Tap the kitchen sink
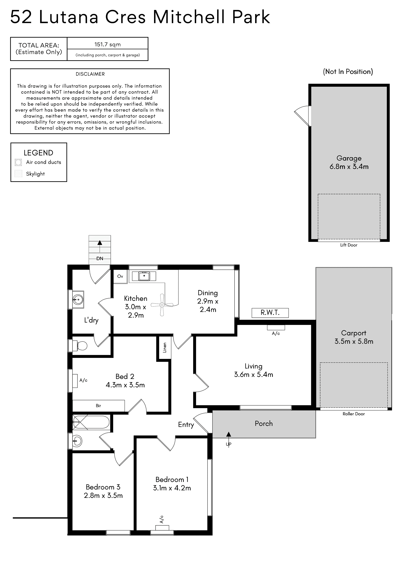click(144, 276)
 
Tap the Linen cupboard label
click(165, 347)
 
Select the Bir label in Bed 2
click(98, 406)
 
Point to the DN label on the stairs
click(100, 258)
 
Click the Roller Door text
click(354, 414)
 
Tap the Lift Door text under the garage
click(349, 245)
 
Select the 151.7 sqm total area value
click(108, 44)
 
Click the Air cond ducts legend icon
click(18, 162)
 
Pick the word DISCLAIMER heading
click(90, 74)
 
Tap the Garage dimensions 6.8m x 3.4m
click(349, 167)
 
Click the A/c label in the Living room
click(276, 333)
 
